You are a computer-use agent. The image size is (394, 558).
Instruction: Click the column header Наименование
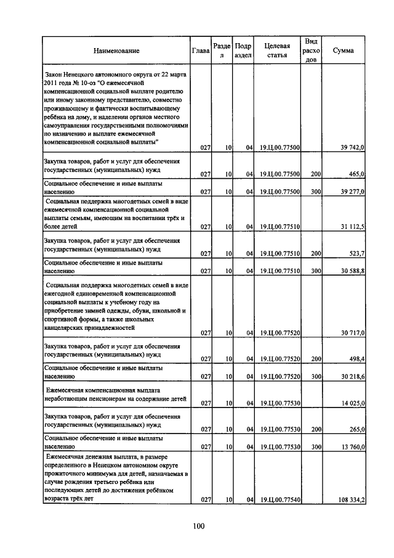click(x=117, y=51)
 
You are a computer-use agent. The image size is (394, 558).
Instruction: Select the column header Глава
click(x=201, y=51)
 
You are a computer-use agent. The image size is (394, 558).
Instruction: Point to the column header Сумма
click(x=343, y=51)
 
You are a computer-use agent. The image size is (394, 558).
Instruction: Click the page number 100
click(x=198, y=526)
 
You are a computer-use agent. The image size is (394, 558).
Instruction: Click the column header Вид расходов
click(x=312, y=51)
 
